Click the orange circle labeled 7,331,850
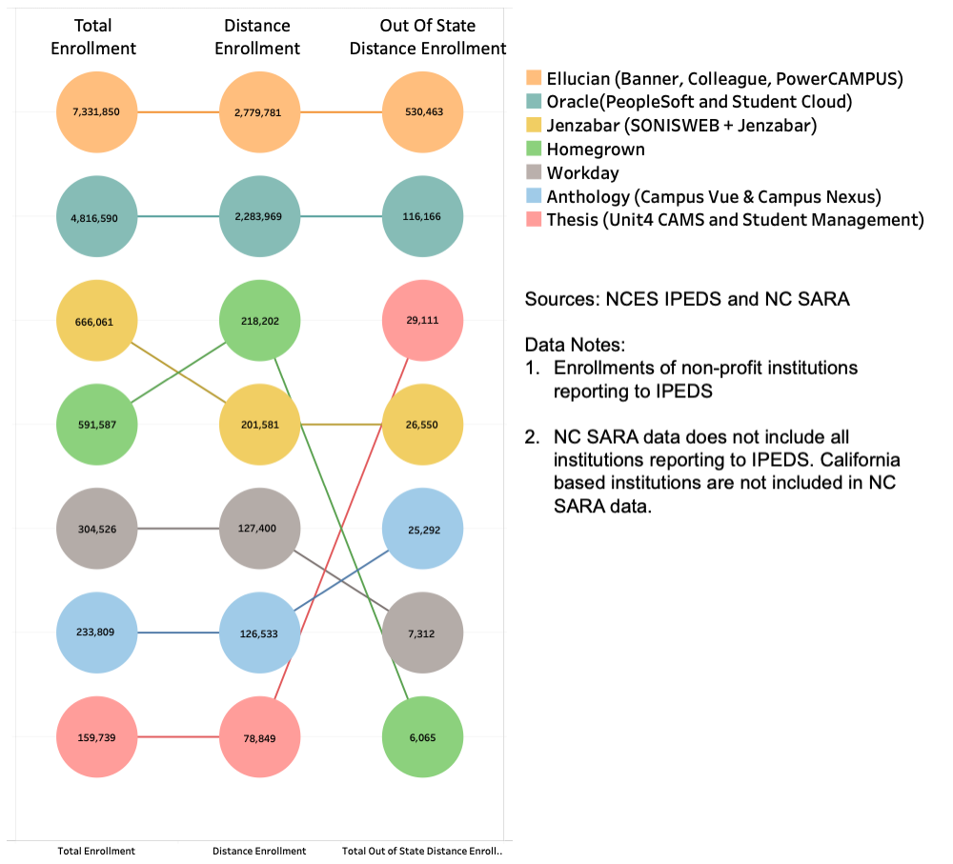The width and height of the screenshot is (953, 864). click(x=96, y=111)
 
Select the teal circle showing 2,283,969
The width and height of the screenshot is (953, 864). click(x=259, y=216)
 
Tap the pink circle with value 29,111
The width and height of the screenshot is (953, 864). click(x=422, y=321)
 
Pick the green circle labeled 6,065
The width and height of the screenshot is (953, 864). click(x=422, y=737)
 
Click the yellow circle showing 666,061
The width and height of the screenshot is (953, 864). click(x=96, y=321)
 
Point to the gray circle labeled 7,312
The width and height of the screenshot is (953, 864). click(x=422, y=633)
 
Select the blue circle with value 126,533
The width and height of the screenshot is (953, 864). click(x=259, y=633)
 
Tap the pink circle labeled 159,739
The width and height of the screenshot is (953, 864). click(x=96, y=737)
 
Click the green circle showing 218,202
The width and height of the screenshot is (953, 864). click(x=259, y=321)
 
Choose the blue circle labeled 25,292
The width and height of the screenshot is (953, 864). click(x=422, y=529)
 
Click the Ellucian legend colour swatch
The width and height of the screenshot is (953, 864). click(x=533, y=78)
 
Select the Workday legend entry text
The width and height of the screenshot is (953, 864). click(x=582, y=173)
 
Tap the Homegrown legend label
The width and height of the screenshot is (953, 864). click(x=595, y=150)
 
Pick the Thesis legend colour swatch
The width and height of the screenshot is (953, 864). click(x=533, y=221)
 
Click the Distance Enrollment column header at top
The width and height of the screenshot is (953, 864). click(x=257, y=37)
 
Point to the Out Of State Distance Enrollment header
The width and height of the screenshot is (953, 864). click(x=427, y=37)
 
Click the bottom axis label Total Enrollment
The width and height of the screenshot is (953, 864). click(x=96, y=851)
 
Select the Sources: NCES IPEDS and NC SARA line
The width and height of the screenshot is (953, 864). click(x=687, y=299)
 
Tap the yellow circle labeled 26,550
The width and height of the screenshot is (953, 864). click(x=422, y=425)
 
